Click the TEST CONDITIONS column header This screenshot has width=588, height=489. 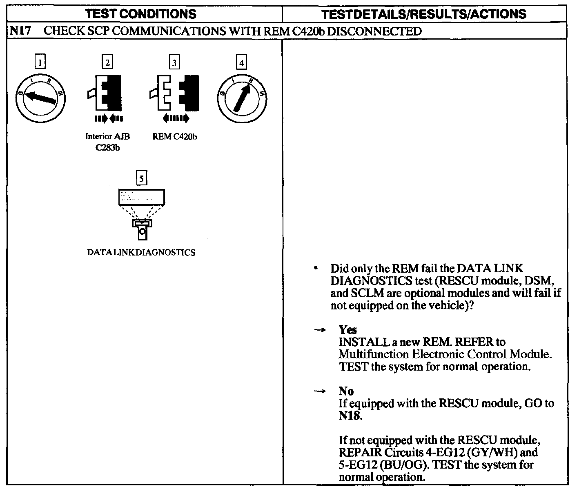141,14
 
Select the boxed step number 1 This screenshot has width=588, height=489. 40,62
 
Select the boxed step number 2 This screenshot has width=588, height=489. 107,62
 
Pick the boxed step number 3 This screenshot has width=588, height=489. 174,62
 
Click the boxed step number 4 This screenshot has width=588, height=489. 242,62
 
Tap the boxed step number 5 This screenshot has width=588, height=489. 141,178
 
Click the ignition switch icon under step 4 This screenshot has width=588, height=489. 242,98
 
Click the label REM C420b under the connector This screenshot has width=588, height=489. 175,137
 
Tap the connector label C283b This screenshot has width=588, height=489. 107,148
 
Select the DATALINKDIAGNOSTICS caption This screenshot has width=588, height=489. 141,252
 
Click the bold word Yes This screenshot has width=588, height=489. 347,329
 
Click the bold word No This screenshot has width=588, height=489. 346,391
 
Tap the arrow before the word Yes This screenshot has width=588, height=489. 321,329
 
